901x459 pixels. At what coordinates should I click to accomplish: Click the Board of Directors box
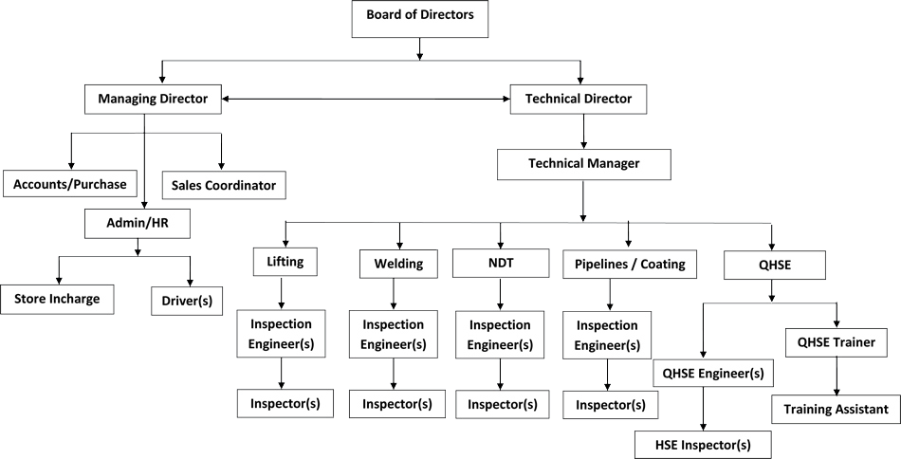point(419,19)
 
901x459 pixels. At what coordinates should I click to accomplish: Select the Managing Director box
point(152,97)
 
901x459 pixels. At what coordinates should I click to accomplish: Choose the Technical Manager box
point(583,163)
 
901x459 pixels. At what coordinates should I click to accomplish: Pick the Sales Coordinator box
point(224,184)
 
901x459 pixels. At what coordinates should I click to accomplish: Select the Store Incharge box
point(57,300)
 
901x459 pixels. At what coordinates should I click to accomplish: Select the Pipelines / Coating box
point(623,265)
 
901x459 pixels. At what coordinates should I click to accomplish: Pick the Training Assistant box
point(835,409)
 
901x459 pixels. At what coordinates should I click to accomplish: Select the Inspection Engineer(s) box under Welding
point(394,334)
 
